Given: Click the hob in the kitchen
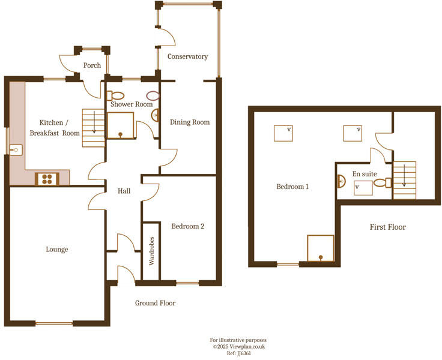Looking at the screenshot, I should [x=47, y=178].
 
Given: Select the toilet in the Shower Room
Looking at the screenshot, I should [x=117, y=95].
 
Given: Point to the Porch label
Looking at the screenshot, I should [x=92, y=65].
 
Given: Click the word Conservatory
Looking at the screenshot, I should [x=187, y=56].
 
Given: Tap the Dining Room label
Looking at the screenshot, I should [x=190, y=122].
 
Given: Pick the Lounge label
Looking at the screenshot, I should [x=57, y=249].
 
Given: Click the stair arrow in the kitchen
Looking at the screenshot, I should [x=94, y=124].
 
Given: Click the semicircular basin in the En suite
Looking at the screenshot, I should [x=341, y=182].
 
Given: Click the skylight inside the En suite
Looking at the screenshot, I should [x=363, y=187].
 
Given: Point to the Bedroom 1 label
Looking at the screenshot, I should [x=292, y=187].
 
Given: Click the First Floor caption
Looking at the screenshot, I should [x=387, y=227].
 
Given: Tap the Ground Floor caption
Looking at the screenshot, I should [x=155, y=303].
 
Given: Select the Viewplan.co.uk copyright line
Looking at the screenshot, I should [x=239, y=346].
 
